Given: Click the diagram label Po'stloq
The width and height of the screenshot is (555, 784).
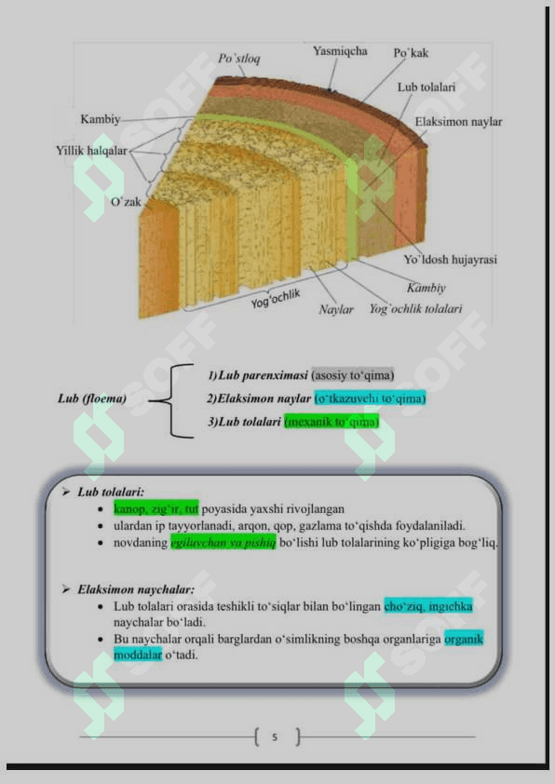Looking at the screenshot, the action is tap(239, 59).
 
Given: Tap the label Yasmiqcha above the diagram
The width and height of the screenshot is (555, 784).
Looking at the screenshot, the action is tap(340, 51).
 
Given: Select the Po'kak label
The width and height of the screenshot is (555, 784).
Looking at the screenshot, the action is tap(411, 52).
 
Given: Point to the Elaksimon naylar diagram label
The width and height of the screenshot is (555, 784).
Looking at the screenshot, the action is tap(458, 121).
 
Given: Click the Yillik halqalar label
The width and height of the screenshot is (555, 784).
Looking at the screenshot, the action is tap(91, 151).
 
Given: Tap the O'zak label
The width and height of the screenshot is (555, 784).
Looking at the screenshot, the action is tap(126, 201).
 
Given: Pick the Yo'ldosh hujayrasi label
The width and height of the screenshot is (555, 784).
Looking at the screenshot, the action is tap(451, 260).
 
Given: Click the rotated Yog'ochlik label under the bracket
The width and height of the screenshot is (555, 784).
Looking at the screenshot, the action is tap(276, 299).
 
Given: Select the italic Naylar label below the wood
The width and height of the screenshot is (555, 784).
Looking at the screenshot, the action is tap(336, 309).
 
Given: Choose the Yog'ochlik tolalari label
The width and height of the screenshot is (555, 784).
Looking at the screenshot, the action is tap(415, 309).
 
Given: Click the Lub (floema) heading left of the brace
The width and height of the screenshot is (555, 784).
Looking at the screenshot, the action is tap(92, 398).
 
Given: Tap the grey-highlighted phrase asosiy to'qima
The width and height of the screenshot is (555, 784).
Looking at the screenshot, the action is tap(353, 375).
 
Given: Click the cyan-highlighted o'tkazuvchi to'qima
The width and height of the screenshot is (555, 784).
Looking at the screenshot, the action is tap(370, 398).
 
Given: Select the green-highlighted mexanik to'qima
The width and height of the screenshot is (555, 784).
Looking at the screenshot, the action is tap(332, 422).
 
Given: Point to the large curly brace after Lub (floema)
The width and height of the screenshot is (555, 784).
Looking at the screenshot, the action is tap(171, 401).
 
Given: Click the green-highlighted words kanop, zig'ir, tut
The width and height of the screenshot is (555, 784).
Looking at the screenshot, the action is tap(156, 509).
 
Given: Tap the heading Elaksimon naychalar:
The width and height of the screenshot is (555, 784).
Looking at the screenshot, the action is tap(136, 589).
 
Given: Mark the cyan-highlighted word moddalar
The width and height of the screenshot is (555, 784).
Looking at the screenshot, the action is tap(138, 655).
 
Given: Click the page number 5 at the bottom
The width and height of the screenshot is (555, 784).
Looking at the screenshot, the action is tap(275, 737).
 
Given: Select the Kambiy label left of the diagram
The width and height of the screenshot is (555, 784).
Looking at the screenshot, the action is tap(100, 119).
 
